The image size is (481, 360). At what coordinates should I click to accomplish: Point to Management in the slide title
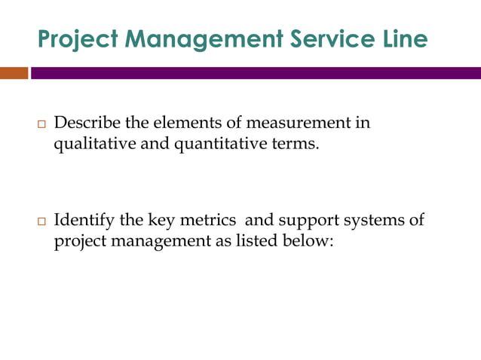pos(195,39)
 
